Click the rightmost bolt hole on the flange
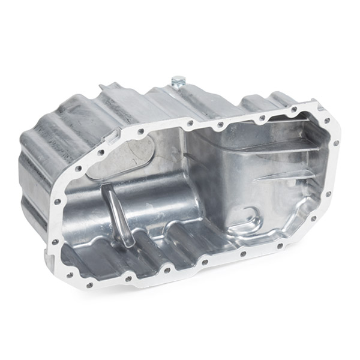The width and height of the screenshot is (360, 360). (x=337, y=143)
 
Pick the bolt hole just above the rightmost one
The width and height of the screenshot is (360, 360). (x=320, y=109)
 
